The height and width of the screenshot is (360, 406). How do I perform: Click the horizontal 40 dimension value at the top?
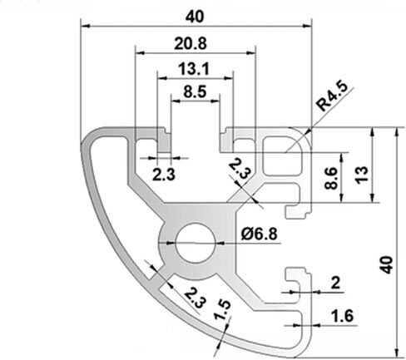(x=195, y=17)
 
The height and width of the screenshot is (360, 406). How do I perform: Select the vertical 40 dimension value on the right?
(x=386, y=265)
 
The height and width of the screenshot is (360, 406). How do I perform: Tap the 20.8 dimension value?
(x=191, y=43)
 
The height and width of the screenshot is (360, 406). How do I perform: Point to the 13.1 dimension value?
(x=193, y=69)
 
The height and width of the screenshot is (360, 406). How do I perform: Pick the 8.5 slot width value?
(x=195, y=91)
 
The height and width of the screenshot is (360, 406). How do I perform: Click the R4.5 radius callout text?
(x=332, y=96)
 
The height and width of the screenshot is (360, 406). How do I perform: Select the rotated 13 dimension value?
(x=362, y=175)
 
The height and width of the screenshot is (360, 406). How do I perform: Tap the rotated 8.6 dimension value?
(x=331, y=178)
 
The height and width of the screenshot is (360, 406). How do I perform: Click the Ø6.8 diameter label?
(x=259, y=234)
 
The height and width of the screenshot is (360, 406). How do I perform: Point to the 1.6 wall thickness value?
(x=343, y=316)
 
